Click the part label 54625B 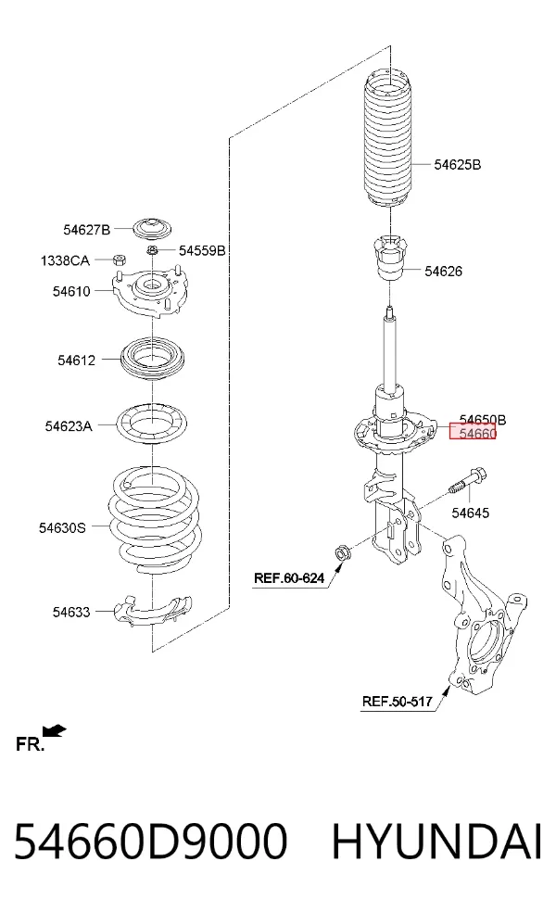coord(457,165)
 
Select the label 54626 coord(443,271)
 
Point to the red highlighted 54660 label coord(473,432)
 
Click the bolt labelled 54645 coord(467,481)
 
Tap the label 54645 coord(471,513)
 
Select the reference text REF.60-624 coord(289,578)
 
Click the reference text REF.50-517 coord(398,701)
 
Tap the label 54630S coord(62,528)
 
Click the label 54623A coord(69,426)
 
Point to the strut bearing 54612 coord(152,359)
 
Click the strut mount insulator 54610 coord(150,292)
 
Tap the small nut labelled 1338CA coord(120,259)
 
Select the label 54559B coord(202,250)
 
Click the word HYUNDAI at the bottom coord(437,841)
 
